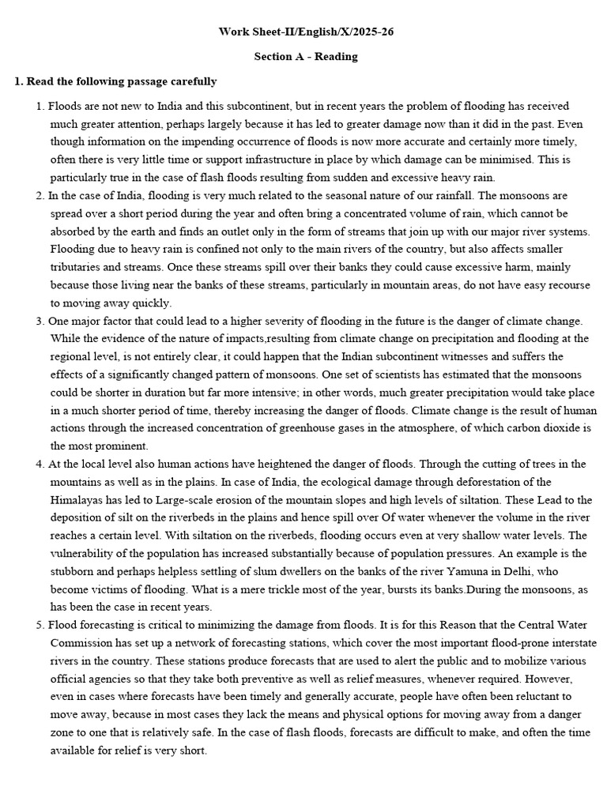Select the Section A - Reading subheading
tap(305, 57)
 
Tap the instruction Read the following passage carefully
tap(115, 81)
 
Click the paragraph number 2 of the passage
tap(40, 195)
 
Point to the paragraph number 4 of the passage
tap(40, 464)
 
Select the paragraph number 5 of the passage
tap(40, 625)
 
